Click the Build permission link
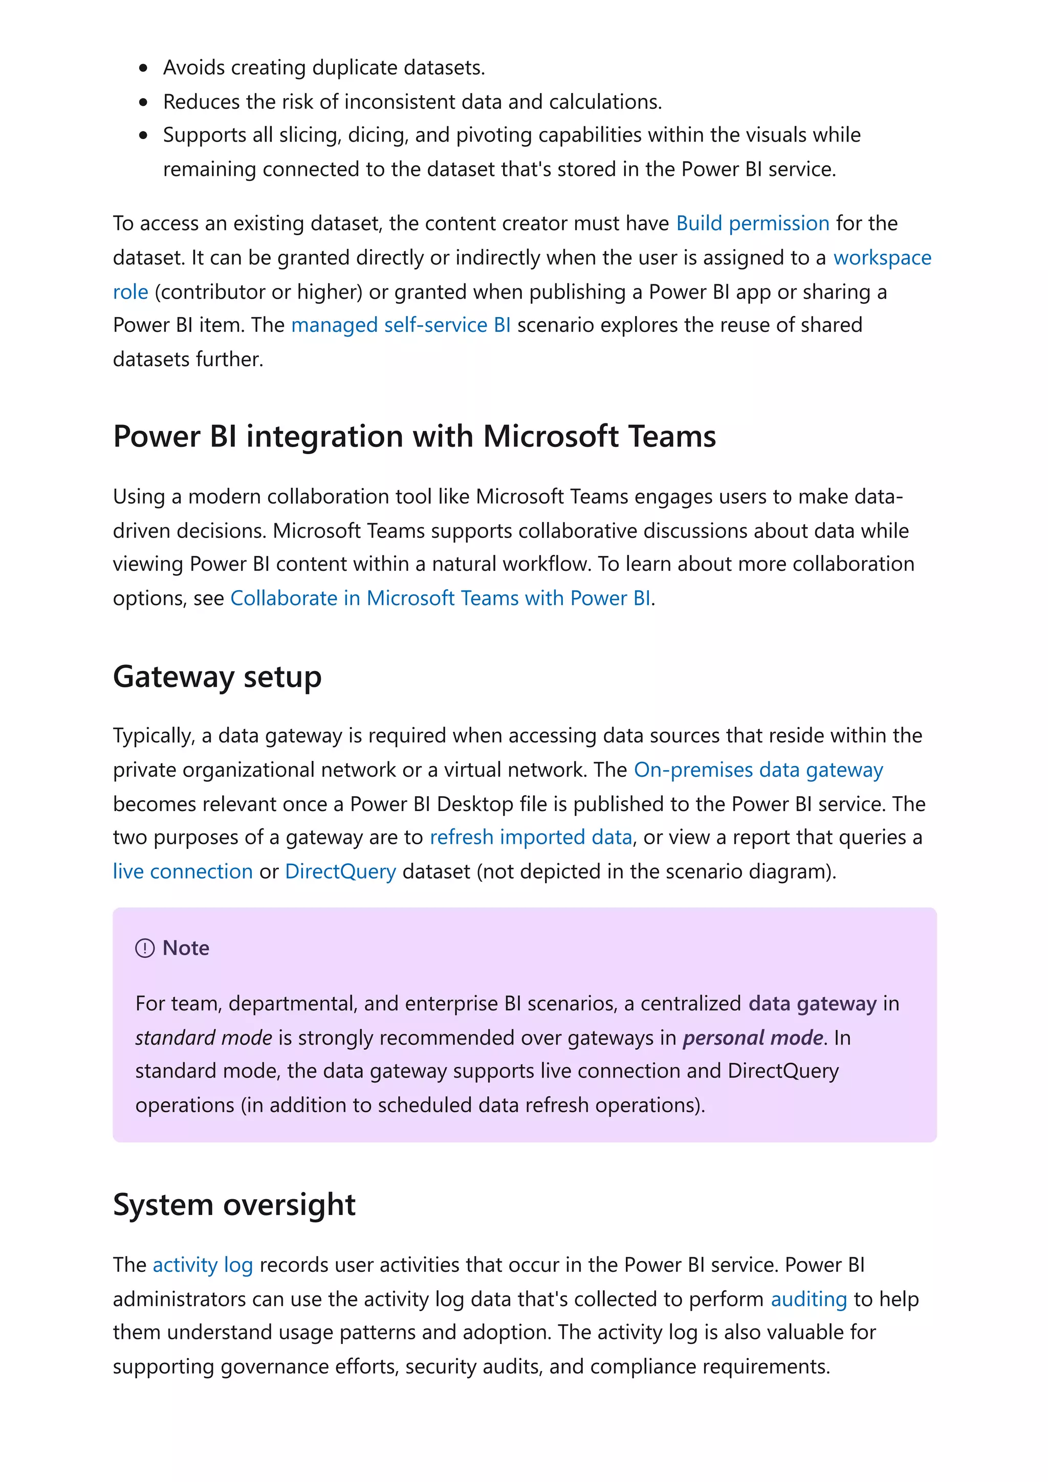pos(752,223)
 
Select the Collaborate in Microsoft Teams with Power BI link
pos(441,598)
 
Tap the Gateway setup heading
pos(217,677)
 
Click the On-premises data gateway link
pos(758,770)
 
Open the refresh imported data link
pos(530,837)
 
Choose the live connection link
pos(183,871)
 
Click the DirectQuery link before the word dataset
pos(340,871)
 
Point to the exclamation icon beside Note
pos(145,948)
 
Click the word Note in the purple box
pos(186,948)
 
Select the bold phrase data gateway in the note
pos(812,1004)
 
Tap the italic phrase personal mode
pos(753,1038)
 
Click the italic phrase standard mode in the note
pos(203,1038)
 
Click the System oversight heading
pos(234,1205)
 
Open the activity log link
pos(202,1265)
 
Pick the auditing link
pos(809,1299)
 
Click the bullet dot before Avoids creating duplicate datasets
pos(143,69)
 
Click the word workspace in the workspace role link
pos(882,258)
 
